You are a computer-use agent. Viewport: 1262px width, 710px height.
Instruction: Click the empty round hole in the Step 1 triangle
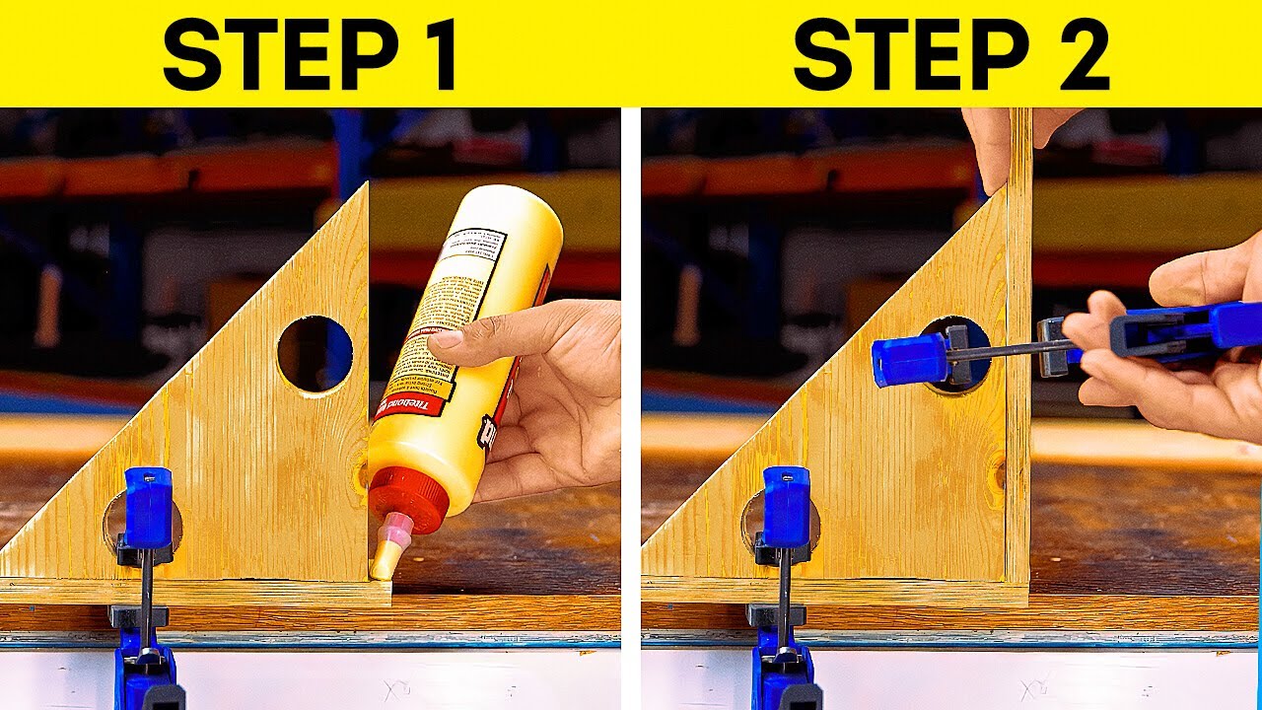tap(315, 354)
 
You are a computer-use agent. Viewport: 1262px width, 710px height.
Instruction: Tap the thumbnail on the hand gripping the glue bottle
tap(447, 339)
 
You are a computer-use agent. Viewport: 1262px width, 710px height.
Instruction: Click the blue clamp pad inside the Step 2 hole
tap(908, 361)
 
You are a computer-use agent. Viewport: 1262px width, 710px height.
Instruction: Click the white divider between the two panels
tap(631, 394)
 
